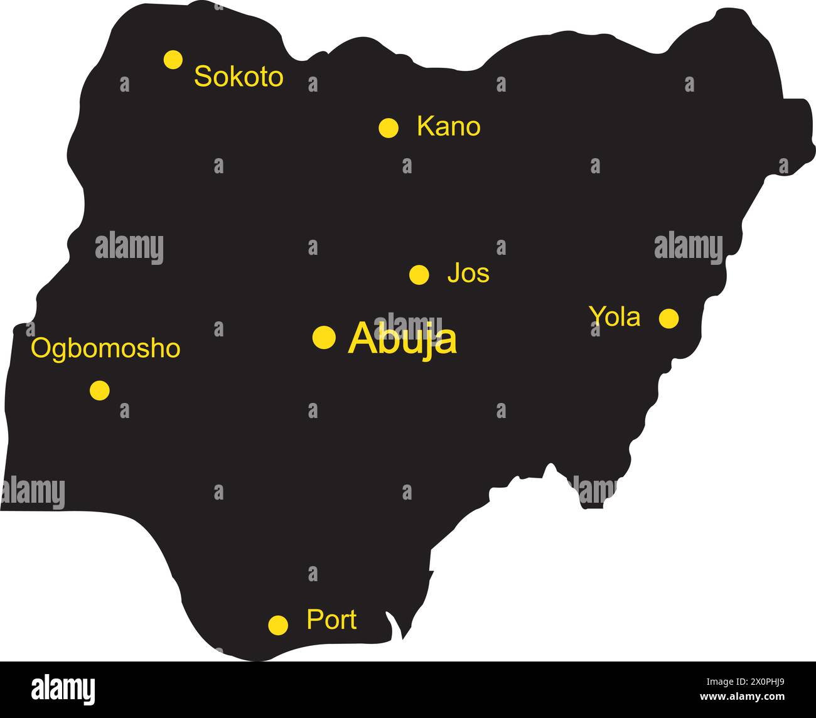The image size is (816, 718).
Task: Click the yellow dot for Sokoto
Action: pyautogui.click(x=173, y=60)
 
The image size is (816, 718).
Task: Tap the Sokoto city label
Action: pyautogui.click(x=239, y=77)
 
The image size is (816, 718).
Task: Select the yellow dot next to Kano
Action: pyautogui.click(x=389, y=127)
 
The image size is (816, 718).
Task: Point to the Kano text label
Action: pyautogui.click(x=448, y=127)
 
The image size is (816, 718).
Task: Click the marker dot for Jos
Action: pyautogui.click(x=419, y=274)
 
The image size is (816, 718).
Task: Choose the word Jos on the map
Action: pyautogui.click(x=468, y=274)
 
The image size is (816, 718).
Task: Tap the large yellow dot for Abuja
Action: pyautogui.click(x=324, y=337)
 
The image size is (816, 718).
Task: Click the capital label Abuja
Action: pyautogui.click(x=402, y=339)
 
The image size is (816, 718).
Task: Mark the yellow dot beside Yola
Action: pyautogui.click(x=668, y=318)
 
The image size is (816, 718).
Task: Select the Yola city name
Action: pyautogui.click(x=615, y=317)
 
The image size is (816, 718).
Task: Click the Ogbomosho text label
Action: pyautogui.click(x=105, y=349)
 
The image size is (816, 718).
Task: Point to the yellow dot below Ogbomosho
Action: pyautogui.click(x=99, y=390)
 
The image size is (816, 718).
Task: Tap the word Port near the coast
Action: pyautogui.click(x=331, y=620)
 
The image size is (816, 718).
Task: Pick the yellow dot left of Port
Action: pyautogui.click(x=278, y=624)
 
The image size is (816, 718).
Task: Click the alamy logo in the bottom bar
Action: pyautogui.click(x=63, y=689)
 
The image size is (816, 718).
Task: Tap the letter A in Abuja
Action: pyautogui.click(x=361, y=339)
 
